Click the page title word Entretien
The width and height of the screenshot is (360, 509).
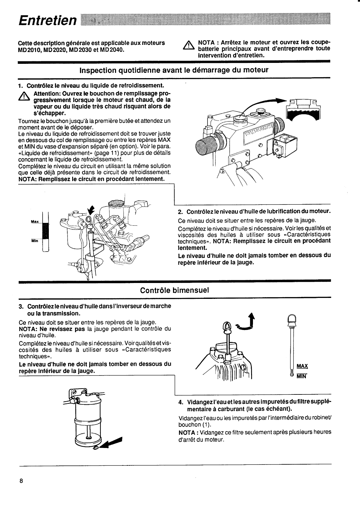47,21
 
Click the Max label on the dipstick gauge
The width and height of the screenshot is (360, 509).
35,222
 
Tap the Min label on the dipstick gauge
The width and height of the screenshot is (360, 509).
35,241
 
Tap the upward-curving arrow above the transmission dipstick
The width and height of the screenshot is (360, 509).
248,323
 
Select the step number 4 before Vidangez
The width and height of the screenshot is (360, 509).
180,402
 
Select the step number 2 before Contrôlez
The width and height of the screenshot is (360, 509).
180,212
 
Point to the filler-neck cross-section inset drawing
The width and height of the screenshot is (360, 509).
303,110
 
